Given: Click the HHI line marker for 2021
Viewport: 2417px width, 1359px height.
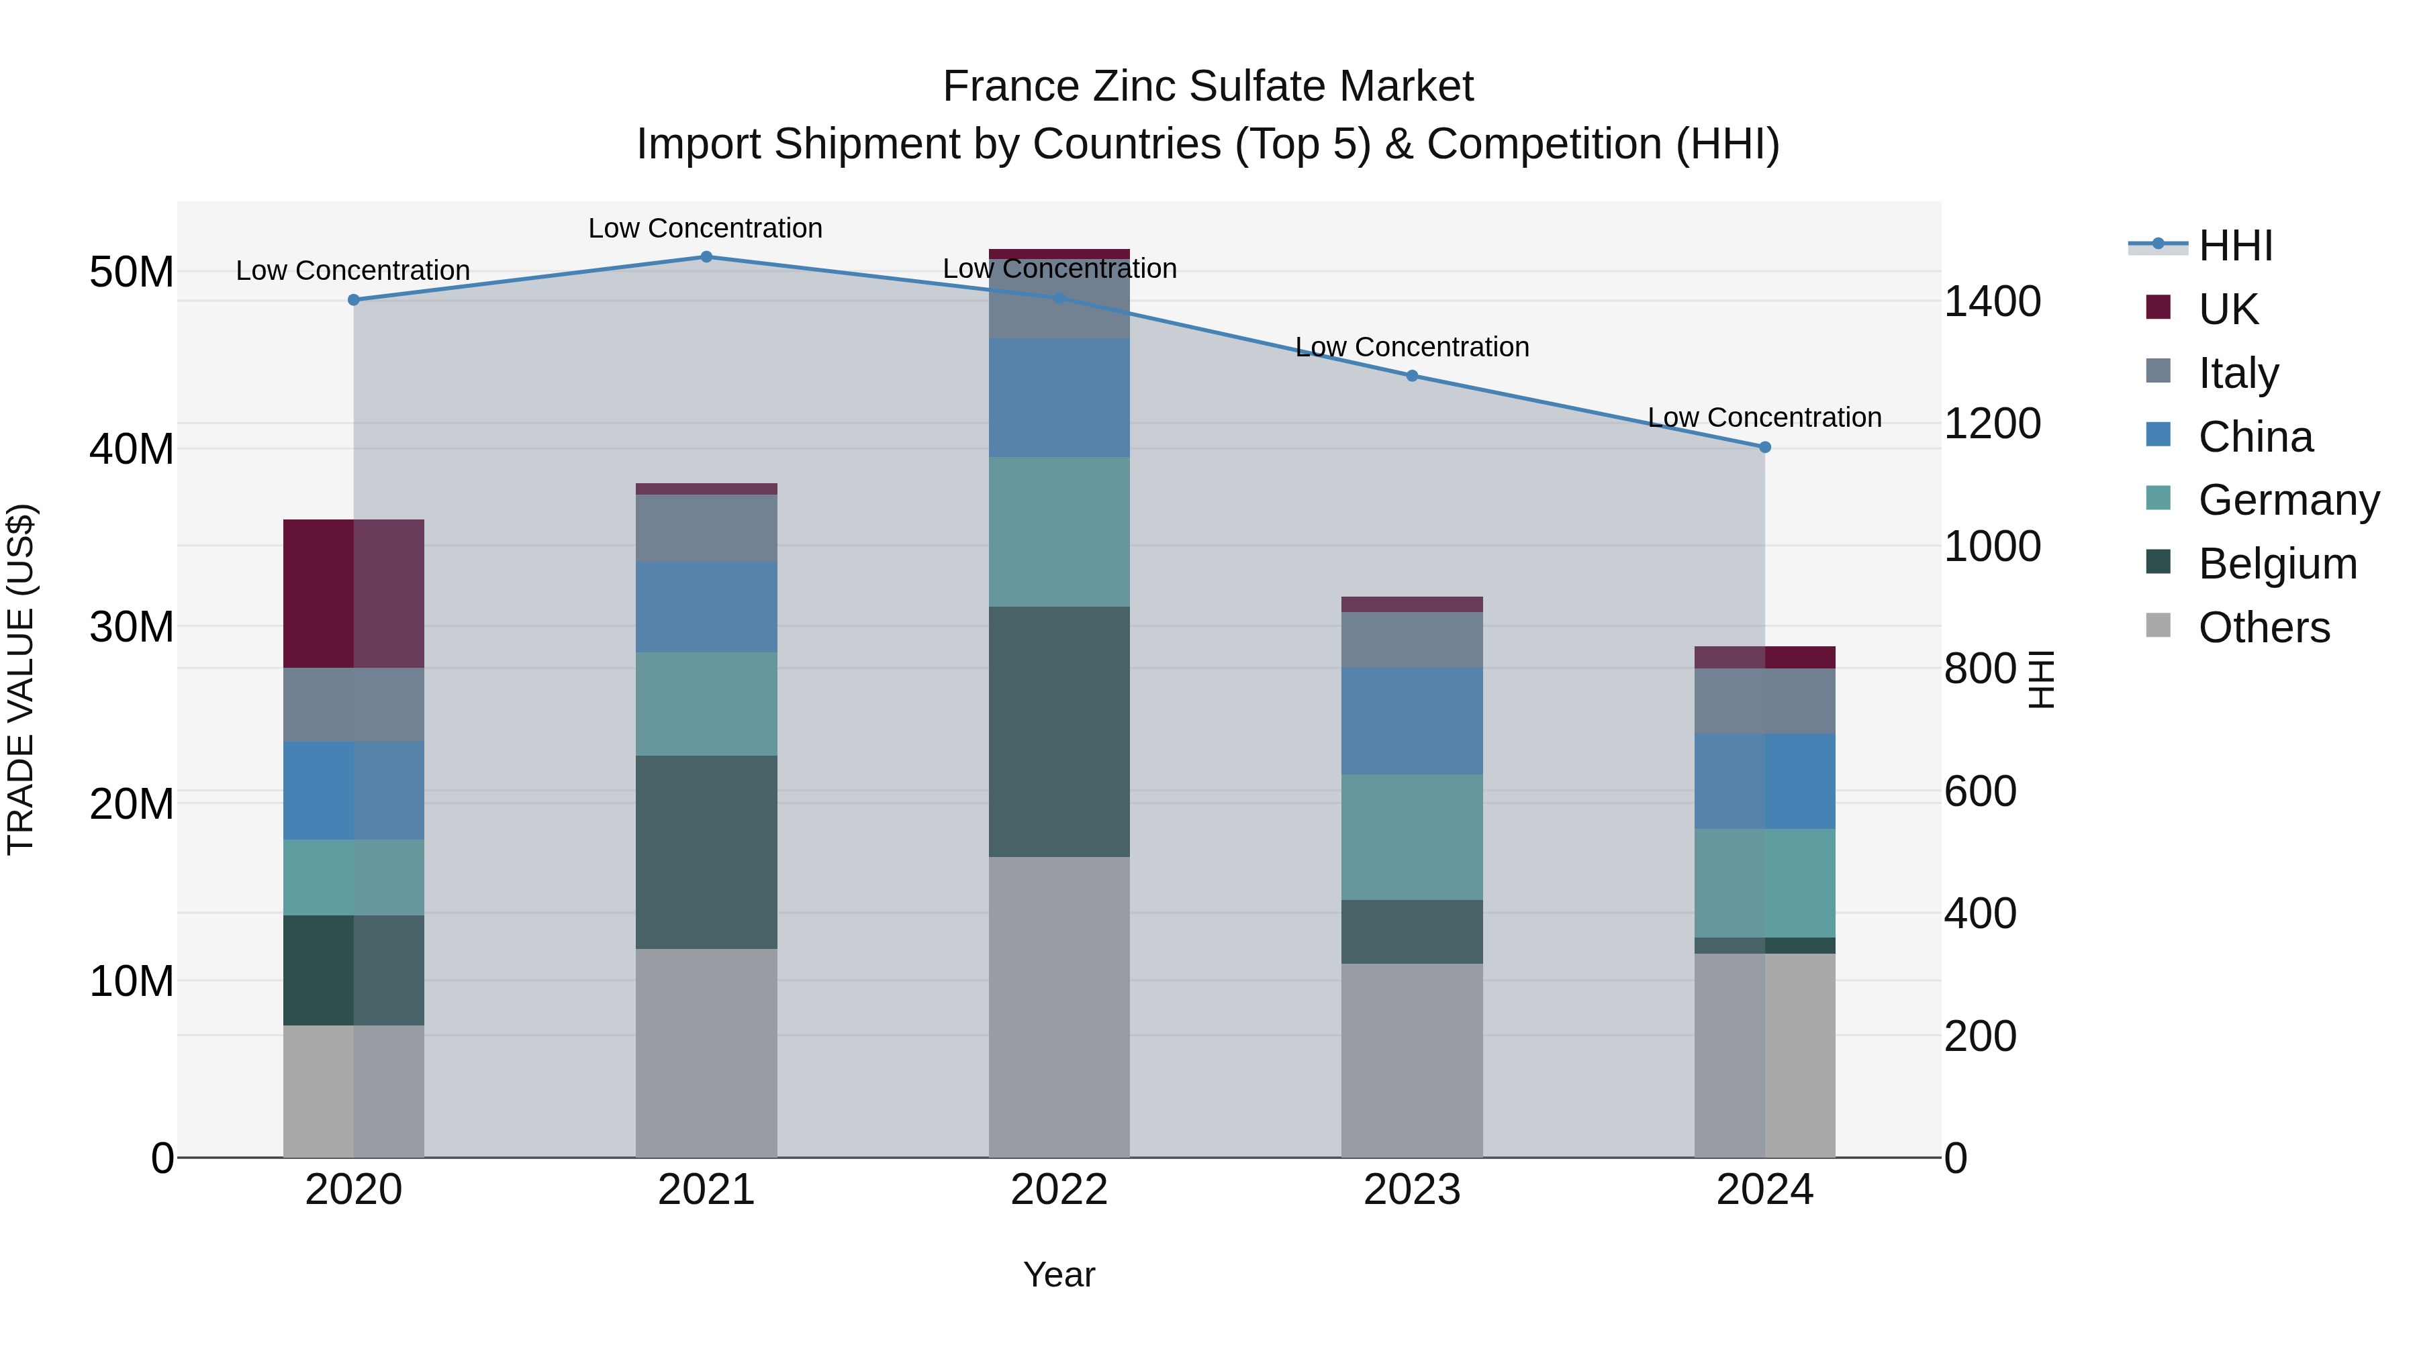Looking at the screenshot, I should tap(706, 257).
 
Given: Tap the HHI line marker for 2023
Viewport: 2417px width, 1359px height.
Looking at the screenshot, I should tap(1412, 376).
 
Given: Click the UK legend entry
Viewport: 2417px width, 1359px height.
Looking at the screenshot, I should tap(2228, 309).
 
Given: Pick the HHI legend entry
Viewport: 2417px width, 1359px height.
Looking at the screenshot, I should tap(2235, 246).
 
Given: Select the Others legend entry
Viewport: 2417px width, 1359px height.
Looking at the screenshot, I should tap(2263, 627).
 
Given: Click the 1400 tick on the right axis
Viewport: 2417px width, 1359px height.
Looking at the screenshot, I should tap(1991, 302).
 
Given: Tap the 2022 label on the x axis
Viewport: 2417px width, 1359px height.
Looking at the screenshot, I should tap(1058, 1190).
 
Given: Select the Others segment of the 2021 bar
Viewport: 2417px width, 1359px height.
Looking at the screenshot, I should tap(706, 1052).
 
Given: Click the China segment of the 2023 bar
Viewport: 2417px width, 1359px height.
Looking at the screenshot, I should tap(1412, 721).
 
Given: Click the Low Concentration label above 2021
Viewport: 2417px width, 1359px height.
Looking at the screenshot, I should tap(706, 228).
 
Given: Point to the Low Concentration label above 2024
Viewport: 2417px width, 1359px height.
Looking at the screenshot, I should tap(1764, 417).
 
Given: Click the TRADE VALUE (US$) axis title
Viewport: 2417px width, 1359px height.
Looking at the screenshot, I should tap(21, 679).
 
